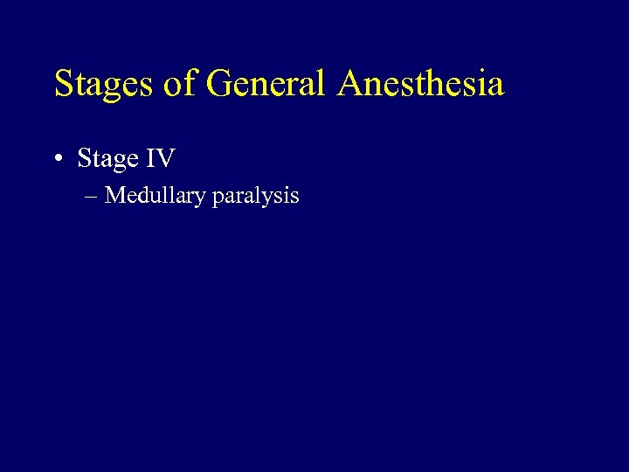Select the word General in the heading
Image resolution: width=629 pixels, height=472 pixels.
click(x=266, y=85)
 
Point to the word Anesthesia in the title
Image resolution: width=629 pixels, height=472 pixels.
click(x=422, y=85)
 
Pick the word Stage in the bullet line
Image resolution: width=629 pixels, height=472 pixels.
click(x=108, y=159)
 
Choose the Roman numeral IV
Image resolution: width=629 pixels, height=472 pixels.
click(x=161, y=159)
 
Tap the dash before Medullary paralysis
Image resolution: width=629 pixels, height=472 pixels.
click(x=93, y=196)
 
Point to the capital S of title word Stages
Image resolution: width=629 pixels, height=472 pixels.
click(x=64, y=85)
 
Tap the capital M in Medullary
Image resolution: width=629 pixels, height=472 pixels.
click(x=114, y=195)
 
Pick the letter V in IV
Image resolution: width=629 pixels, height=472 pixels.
click(x=166, y=159)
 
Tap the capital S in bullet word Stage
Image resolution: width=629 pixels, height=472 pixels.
click(x=84, y=159)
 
